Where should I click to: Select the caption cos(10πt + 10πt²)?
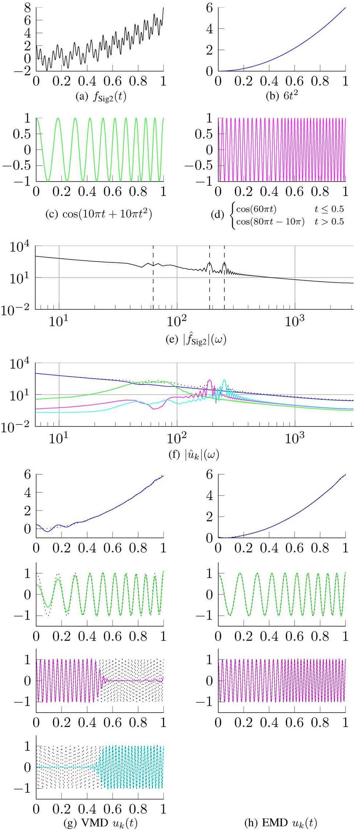(x=99, y=214)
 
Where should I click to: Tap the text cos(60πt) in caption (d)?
(x=256, y=209)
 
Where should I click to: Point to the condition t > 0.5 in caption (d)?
(x=329, y=222)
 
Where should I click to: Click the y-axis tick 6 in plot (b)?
(x=209, y=8)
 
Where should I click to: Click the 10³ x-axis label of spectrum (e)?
(x=295, y=321)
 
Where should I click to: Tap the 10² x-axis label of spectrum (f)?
(x=177, y=439)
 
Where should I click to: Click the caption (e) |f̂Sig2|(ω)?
(x=196, y=340)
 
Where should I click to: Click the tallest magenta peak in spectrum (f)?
(x=209, y=380)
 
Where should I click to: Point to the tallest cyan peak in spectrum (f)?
(x=224, y=380)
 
